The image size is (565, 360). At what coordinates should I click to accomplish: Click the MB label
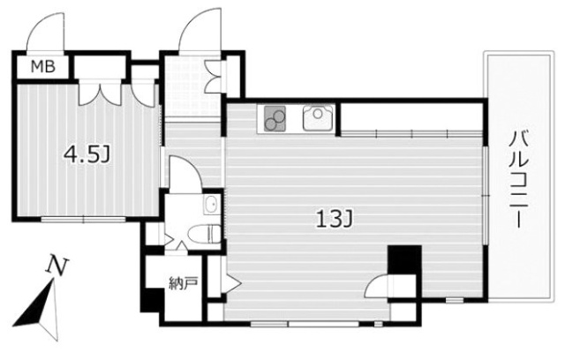43,66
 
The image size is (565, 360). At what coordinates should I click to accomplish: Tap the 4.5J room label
87,154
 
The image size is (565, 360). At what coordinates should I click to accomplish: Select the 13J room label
334,219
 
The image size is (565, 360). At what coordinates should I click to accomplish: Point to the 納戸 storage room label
184,284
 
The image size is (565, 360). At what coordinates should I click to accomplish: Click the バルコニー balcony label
518,180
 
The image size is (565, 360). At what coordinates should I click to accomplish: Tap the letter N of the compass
57,266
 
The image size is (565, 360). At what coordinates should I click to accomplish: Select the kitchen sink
318,117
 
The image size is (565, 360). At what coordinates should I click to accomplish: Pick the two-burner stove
275,118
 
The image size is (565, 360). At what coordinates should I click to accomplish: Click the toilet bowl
204,233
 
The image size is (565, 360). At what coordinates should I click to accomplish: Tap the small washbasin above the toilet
211,205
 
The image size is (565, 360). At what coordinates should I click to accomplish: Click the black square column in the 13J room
404,259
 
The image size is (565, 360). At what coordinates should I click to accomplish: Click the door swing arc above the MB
44,31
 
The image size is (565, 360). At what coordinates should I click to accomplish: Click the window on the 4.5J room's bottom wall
84,218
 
